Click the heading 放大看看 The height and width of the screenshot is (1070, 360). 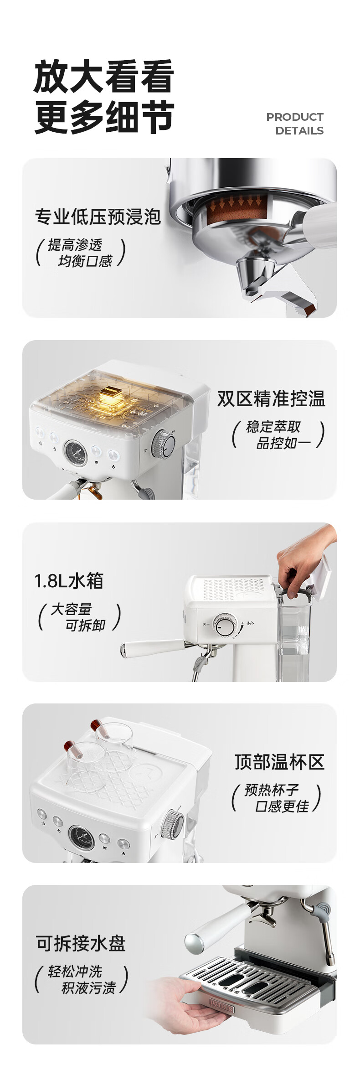tap(104, 76)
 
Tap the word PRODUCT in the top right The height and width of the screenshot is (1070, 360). tap(295, 117)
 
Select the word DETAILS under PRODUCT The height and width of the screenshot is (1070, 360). tap(299, 131)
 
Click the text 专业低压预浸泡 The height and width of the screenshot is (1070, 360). tap(98, 217)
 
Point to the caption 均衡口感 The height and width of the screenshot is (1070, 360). tap(85, 261)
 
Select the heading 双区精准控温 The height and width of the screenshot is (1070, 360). tap(271, 398)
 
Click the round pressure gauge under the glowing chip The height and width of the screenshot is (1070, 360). tap(76, 453)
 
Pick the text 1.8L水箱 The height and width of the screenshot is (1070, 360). tap(69, 581)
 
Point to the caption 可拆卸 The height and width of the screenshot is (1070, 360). tap(86, 625)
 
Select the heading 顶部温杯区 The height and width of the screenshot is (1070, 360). tap(280, 762)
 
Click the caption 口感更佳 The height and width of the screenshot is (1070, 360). tap(282, 806)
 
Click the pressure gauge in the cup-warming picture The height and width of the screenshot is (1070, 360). tap(82, 837)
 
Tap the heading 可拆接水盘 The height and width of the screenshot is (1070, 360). tap(81, 943)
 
